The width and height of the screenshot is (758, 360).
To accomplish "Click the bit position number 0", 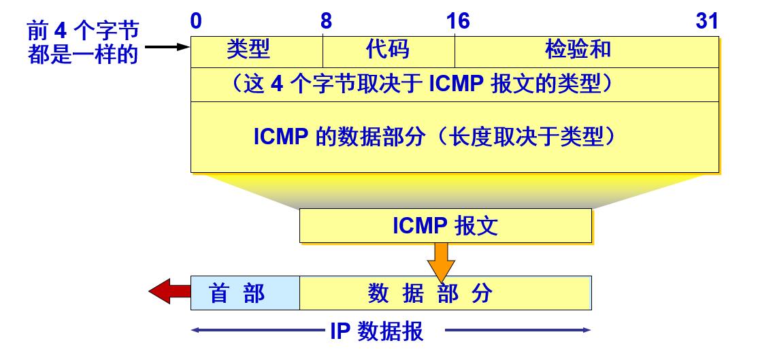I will [x=196, y=22].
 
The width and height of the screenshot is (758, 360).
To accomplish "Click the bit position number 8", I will [x=326, y=22].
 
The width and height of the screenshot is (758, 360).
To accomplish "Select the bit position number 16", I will [x=458, y=22].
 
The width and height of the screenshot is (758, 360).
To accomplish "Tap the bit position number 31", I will [x=707, y=22].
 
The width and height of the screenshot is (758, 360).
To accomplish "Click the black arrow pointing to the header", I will [x=167, y=48].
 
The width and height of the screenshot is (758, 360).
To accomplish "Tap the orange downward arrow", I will [x=442, y=261].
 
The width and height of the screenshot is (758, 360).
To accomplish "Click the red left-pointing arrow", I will [x=168, y=293].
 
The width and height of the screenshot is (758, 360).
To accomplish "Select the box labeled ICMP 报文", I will [x=445, y=226].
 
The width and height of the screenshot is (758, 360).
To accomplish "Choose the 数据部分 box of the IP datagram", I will [x=446, y=293].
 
